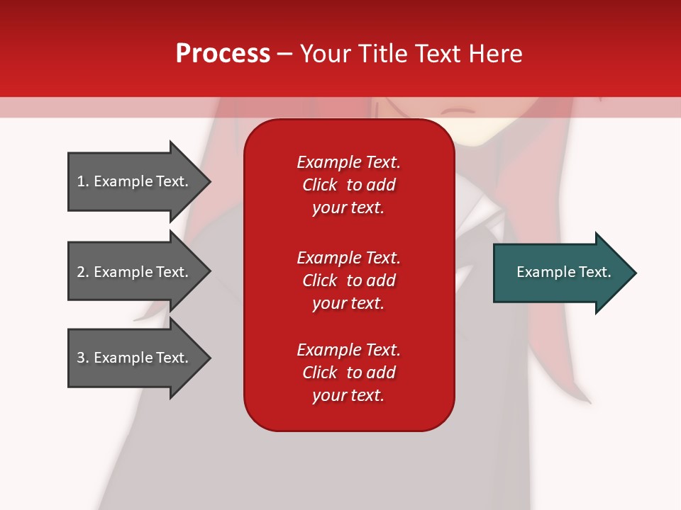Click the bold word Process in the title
click(x=223, y=53)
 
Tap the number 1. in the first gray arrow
click(x=83, y=181)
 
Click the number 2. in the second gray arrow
click(x=83, y=272)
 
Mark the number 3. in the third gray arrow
click(x=83, y=358)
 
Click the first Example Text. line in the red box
click(x=348, y=162)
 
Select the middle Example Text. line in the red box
click(x=348, y=257)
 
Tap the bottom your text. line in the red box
click(x=348, y=395)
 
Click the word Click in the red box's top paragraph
click(x=319, y=185)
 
